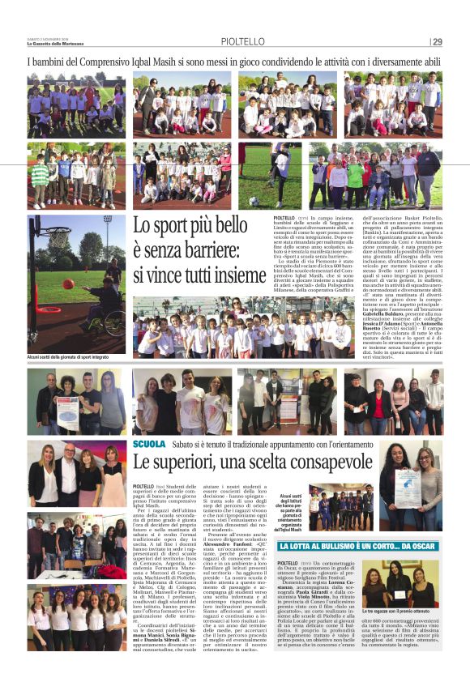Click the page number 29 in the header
(x=437, y=42)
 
